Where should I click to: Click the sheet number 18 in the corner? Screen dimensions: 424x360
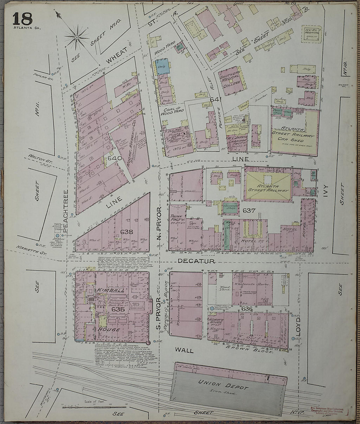coord(23,18)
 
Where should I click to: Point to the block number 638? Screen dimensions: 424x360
coord(127,232)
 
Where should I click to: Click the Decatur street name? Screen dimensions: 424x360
coord(196,261)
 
